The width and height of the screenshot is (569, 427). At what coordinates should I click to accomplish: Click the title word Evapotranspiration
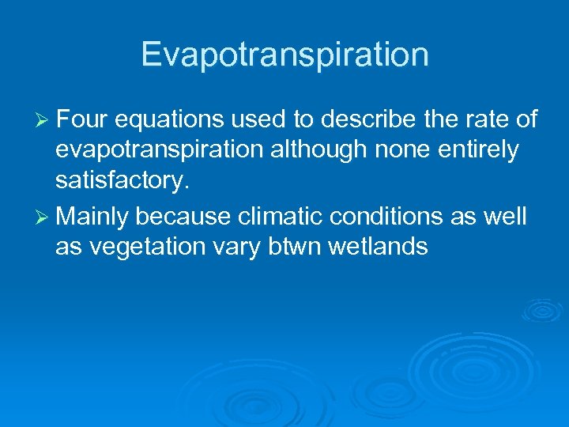pos(284,55)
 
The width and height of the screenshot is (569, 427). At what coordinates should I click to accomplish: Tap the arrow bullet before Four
pos(43,120)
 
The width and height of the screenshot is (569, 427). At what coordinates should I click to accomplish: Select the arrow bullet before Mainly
pos(43,216)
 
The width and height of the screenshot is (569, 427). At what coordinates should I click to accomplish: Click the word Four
pos(83,120)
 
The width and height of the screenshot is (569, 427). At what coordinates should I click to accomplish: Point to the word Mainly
pos(92,216)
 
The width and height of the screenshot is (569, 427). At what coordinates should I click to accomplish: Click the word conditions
pos(379,215)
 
